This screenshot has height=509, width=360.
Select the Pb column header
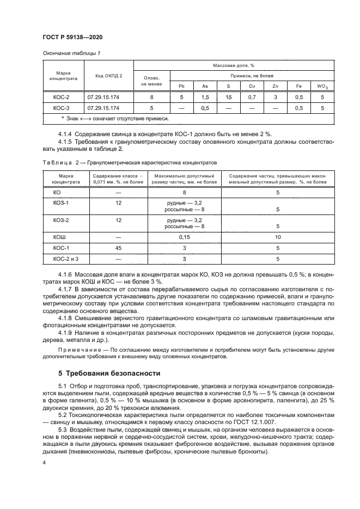[x=182, y=86]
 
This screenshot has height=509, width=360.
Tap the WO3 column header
[x=322, y=86]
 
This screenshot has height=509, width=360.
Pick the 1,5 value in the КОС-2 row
[x=205, y=97]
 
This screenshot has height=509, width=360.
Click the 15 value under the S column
[x=228, y=97]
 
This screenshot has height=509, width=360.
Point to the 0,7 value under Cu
[x=252, y=97]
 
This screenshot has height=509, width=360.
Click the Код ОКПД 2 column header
[x=108, y=76]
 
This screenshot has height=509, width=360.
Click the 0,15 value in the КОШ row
[x=185, y=237]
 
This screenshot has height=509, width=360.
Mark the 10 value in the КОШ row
[x=278, y=237]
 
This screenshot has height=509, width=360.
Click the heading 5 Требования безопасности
[x=109, y=373]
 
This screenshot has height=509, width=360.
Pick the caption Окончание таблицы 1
[x=71, y=53]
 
